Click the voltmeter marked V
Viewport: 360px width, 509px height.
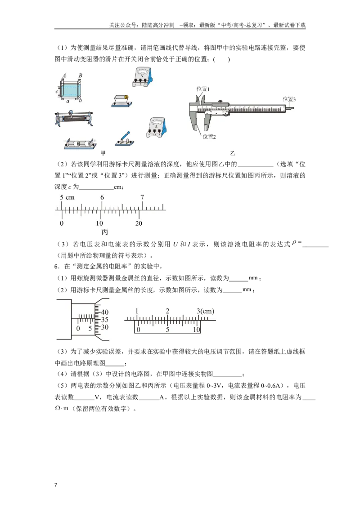(142, 77)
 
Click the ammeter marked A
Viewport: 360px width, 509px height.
(157, 128)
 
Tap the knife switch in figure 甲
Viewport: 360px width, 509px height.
(125, 139)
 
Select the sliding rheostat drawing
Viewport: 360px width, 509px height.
(74, 119)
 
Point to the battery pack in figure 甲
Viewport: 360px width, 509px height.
(80, 144)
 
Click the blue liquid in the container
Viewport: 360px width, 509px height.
(70, 91)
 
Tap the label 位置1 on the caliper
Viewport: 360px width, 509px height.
(203, 89)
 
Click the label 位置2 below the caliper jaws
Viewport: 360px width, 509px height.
(209, 137)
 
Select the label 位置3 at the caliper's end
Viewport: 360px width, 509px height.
(289, 99)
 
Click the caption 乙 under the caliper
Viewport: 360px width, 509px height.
(233, 153)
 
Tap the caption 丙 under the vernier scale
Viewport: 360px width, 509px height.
(104, 232)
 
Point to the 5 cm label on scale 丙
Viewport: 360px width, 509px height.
(67, 197)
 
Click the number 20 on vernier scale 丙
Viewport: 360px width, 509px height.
(139, 223)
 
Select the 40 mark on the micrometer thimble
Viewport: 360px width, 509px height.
(104, 312)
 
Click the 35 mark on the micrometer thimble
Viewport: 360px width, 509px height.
(104, 320)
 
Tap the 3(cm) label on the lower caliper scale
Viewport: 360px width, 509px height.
(205, 311)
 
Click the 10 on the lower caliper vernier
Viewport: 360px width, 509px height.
(197, 330)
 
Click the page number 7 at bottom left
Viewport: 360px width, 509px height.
(55, 485)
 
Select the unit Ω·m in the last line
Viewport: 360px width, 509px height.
(62, 408)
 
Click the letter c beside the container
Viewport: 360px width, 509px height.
(57, 92)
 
